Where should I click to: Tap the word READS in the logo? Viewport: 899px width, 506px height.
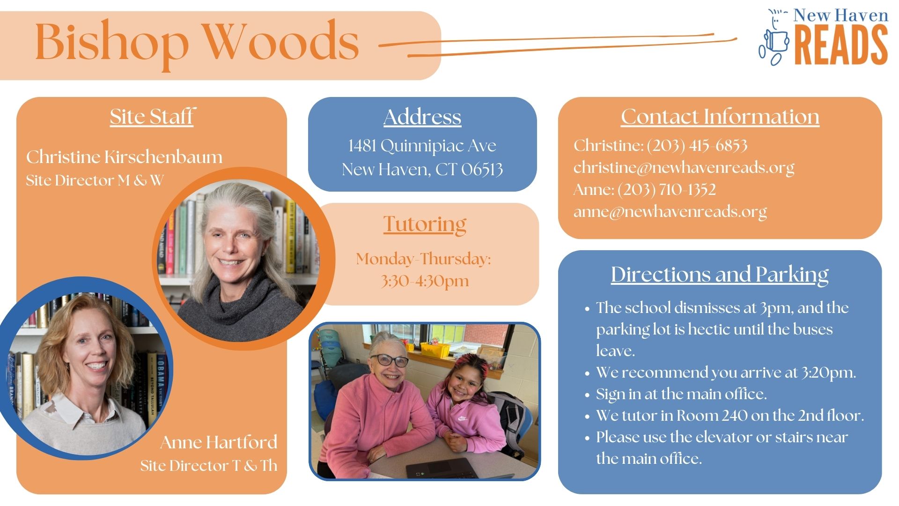[x=841, y=45]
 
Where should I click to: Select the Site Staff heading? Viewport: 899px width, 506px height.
[x=152, y=117]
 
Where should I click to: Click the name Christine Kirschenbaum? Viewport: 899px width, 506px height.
[x=125, y=157]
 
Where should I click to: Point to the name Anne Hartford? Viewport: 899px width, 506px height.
[x=219, y=442]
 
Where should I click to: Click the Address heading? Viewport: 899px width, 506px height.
[x=422, y=117]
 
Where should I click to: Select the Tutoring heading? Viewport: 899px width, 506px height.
[x=425, y=224]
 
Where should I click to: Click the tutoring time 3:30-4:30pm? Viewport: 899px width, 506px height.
[x=425, y=281]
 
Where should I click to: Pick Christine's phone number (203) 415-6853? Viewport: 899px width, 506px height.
[x=697, y=145]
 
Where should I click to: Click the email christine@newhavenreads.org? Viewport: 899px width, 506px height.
[x=684, y=167]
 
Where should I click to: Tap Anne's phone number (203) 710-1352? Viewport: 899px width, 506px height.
[x=667, y=189]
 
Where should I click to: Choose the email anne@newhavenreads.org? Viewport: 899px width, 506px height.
[x=670, y=211]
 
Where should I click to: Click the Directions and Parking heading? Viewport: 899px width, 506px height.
[x=720, y=275]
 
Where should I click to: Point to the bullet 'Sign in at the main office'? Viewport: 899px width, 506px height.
[x=681, y=394]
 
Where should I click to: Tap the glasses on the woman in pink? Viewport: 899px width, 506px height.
[x=389, y=360]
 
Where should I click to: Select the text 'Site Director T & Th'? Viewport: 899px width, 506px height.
[x=209, y=465]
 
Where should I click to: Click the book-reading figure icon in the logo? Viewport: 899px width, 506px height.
[x=774, y=37]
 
